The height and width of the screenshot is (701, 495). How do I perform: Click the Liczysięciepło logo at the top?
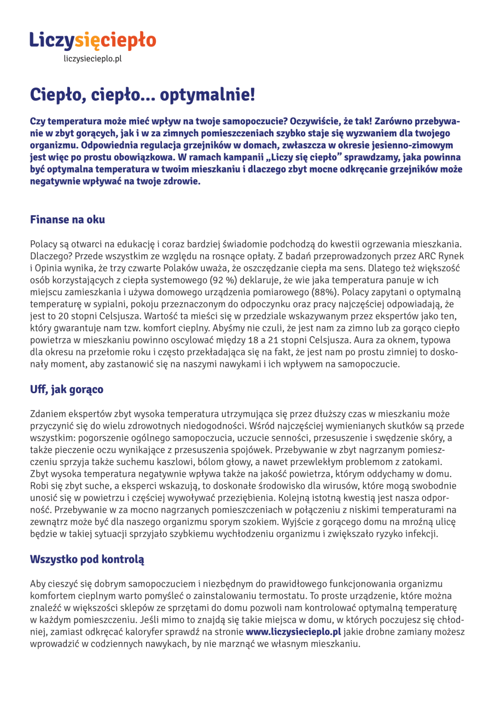[x=92, y=39]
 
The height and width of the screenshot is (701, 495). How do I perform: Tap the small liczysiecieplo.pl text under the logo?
[x=92, y=58]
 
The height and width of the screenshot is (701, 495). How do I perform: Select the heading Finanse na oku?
[x=67, y=220]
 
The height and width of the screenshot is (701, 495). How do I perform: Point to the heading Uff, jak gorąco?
[x=66, y=390]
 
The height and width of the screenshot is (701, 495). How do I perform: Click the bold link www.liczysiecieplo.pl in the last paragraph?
[x=293, y=631]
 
